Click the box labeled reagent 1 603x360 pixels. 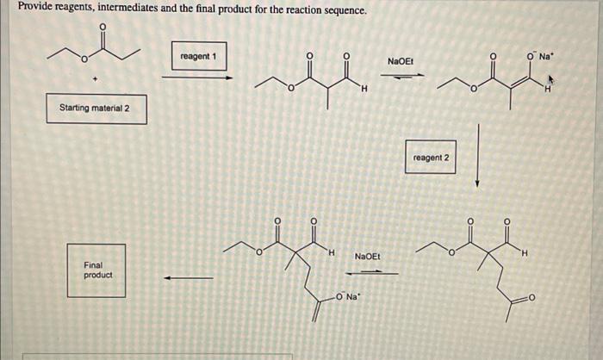click(198, 56)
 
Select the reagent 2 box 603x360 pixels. click(431, 158)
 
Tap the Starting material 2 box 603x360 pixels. click(95, 109)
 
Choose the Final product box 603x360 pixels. click(97, 270)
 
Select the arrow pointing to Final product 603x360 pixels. click(189, 277)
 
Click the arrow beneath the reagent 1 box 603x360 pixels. click(197, 77)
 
